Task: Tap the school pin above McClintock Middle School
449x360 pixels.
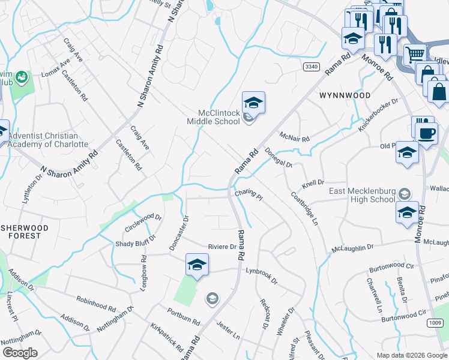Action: coord(253,103)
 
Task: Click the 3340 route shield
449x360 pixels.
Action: coord(310,66)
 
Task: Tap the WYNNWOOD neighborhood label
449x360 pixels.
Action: coord(345,95)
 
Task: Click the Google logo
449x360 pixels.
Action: coord(20,353)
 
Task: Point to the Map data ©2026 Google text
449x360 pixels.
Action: coord(411,355)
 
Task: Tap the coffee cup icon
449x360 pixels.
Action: coord(427,133)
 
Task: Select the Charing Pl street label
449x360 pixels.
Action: coord(249,194)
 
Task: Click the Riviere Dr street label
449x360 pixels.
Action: coord(222,247)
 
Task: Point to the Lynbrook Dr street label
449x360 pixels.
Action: coord(261,275)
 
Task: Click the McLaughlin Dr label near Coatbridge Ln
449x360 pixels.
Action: coord(354,248)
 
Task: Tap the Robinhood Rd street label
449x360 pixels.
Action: coord(96,302)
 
